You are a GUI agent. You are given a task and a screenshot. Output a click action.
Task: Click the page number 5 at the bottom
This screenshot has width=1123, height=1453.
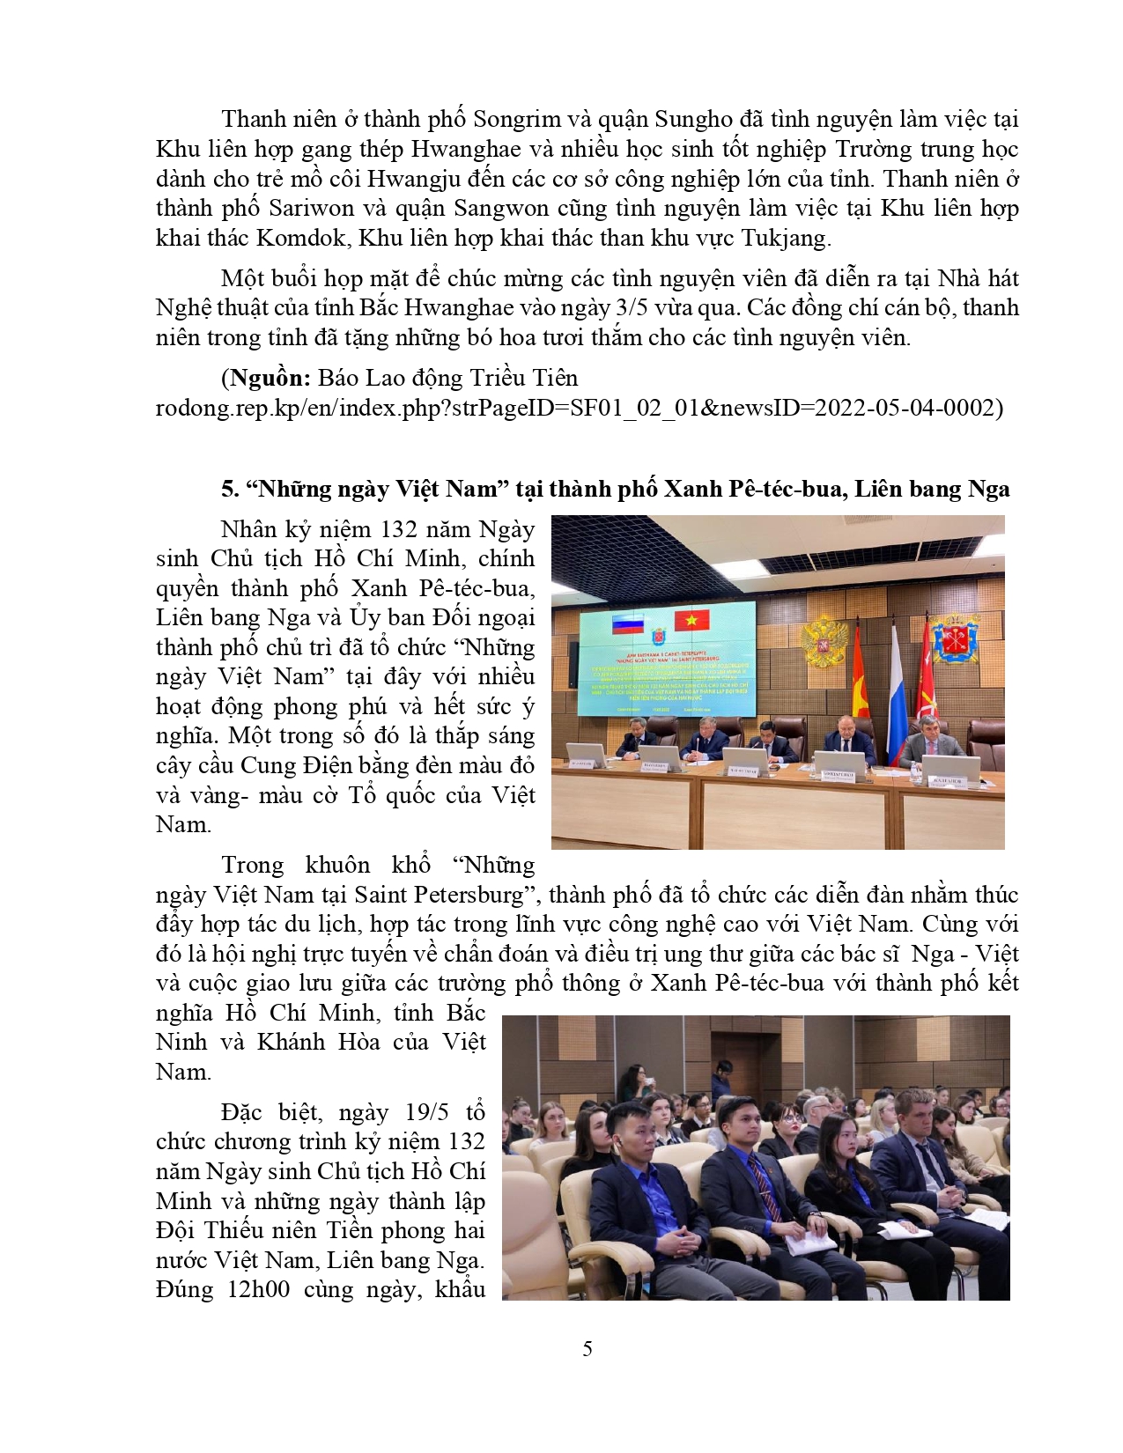tap(587, 1348)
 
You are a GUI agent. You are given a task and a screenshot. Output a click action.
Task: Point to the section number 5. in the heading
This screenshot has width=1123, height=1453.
tap(230, 489)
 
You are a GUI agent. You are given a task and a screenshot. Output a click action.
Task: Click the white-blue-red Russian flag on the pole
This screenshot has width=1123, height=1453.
tap(896, 696)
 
